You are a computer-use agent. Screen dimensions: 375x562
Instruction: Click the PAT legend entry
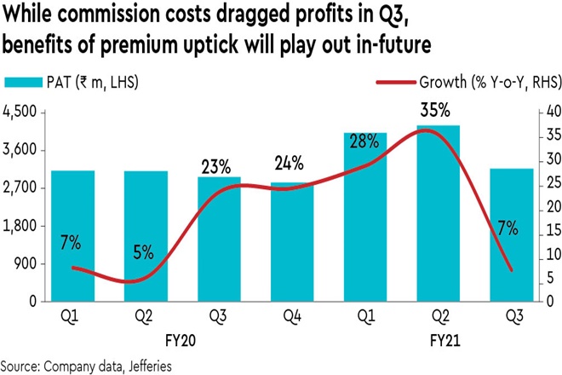pyautogui.click(x=72, y=83)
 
